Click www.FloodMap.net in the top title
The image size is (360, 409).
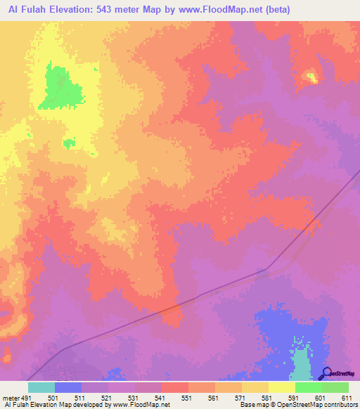(x=210, y=9)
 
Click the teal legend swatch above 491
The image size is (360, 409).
(x=41, y=387)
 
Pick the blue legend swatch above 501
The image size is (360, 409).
(x=68, y=387)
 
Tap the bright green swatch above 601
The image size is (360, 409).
(x=308, y=387)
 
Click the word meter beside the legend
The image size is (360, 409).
(x=10, y=397)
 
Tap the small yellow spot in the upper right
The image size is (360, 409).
(x=310, y=77)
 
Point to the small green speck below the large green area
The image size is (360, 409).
(x=69, y=143)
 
